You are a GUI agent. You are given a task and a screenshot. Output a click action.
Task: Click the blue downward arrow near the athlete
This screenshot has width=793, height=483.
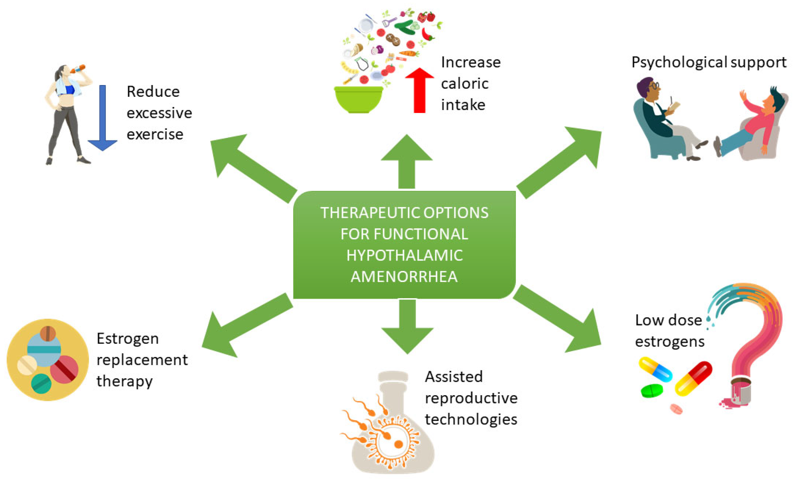coord(102,119)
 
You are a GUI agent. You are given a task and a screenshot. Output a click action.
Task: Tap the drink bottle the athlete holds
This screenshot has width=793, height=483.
coord(78,69)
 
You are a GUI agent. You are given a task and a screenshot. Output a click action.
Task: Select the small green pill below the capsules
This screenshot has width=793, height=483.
coord(652,391)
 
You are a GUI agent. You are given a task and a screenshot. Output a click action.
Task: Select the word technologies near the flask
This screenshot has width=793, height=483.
coord(471,419)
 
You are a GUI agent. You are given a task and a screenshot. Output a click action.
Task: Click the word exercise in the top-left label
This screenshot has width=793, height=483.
coord(155,134)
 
